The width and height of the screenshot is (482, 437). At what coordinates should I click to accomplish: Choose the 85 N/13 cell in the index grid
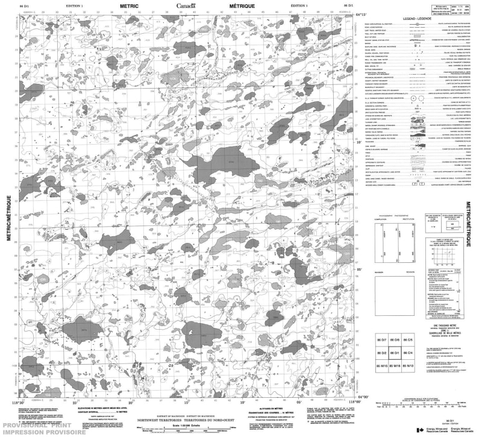(409, 365)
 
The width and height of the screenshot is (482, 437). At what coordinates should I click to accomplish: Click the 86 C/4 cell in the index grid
(409, 353)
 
